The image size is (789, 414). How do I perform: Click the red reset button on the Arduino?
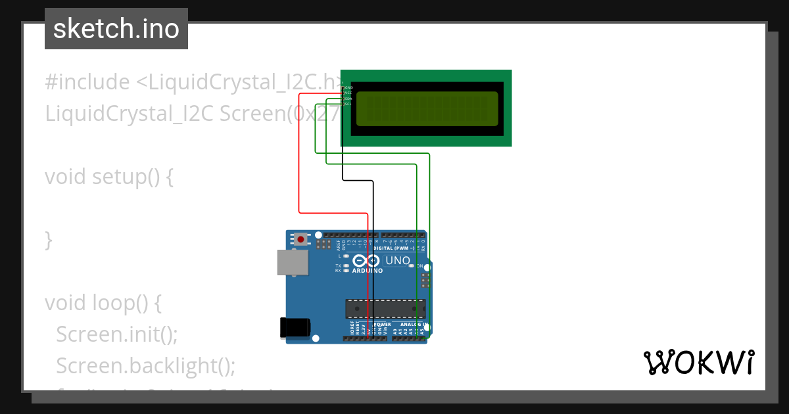(x=301, y=239)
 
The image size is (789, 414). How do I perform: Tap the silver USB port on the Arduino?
(x=292, y=262)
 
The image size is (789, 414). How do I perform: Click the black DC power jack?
(x=294, y=327)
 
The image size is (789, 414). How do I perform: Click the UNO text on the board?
(x=397, y=261)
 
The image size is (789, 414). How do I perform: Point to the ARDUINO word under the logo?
(x=367, y=270)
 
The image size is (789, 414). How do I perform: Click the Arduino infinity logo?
(x=367, y=260)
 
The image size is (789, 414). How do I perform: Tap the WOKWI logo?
(x=698, y=362)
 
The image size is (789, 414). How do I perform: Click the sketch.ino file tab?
(x=116, y=29)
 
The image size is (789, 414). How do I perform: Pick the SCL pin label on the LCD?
(x=348, y=104)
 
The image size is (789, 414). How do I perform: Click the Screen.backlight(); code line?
(x=145, y=365)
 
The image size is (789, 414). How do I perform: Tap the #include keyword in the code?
(x=87, y=82)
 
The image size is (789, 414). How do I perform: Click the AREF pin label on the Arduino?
(x=339, y=246)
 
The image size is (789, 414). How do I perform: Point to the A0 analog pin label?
(x=395, y=331)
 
